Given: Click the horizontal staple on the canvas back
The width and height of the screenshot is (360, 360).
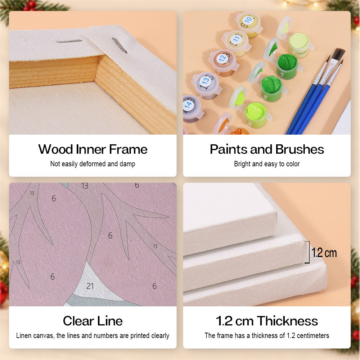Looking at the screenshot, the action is pyautogui.click(x=69, y=41).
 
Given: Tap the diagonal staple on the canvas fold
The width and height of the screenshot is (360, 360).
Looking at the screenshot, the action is pyautogui.click(x=119, y=45).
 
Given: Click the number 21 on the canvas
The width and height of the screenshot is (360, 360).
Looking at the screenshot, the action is pyautogui.click(x=90, y=286).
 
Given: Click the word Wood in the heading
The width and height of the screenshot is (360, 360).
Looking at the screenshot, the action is pyautogui.click(x=55, y=149).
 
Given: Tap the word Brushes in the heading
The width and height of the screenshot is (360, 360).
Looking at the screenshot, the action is pyautogui.click(x=300, y=149).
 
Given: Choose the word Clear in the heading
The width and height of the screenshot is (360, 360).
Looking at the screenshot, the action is pyautogui.click(x=78, y=321).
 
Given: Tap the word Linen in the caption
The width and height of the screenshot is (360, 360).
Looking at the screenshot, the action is pyautogui.click(x=24, y=336).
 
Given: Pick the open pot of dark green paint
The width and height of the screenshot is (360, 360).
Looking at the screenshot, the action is pyautogui.click(x=287, y=66).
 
